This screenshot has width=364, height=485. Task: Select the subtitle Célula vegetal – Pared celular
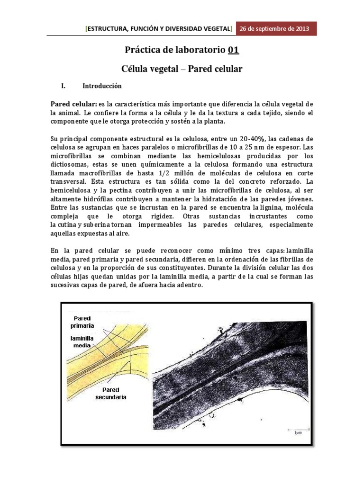pos(182,69)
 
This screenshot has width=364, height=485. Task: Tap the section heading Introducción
pos(102,86)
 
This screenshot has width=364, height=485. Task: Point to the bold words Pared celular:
pos(73,104)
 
